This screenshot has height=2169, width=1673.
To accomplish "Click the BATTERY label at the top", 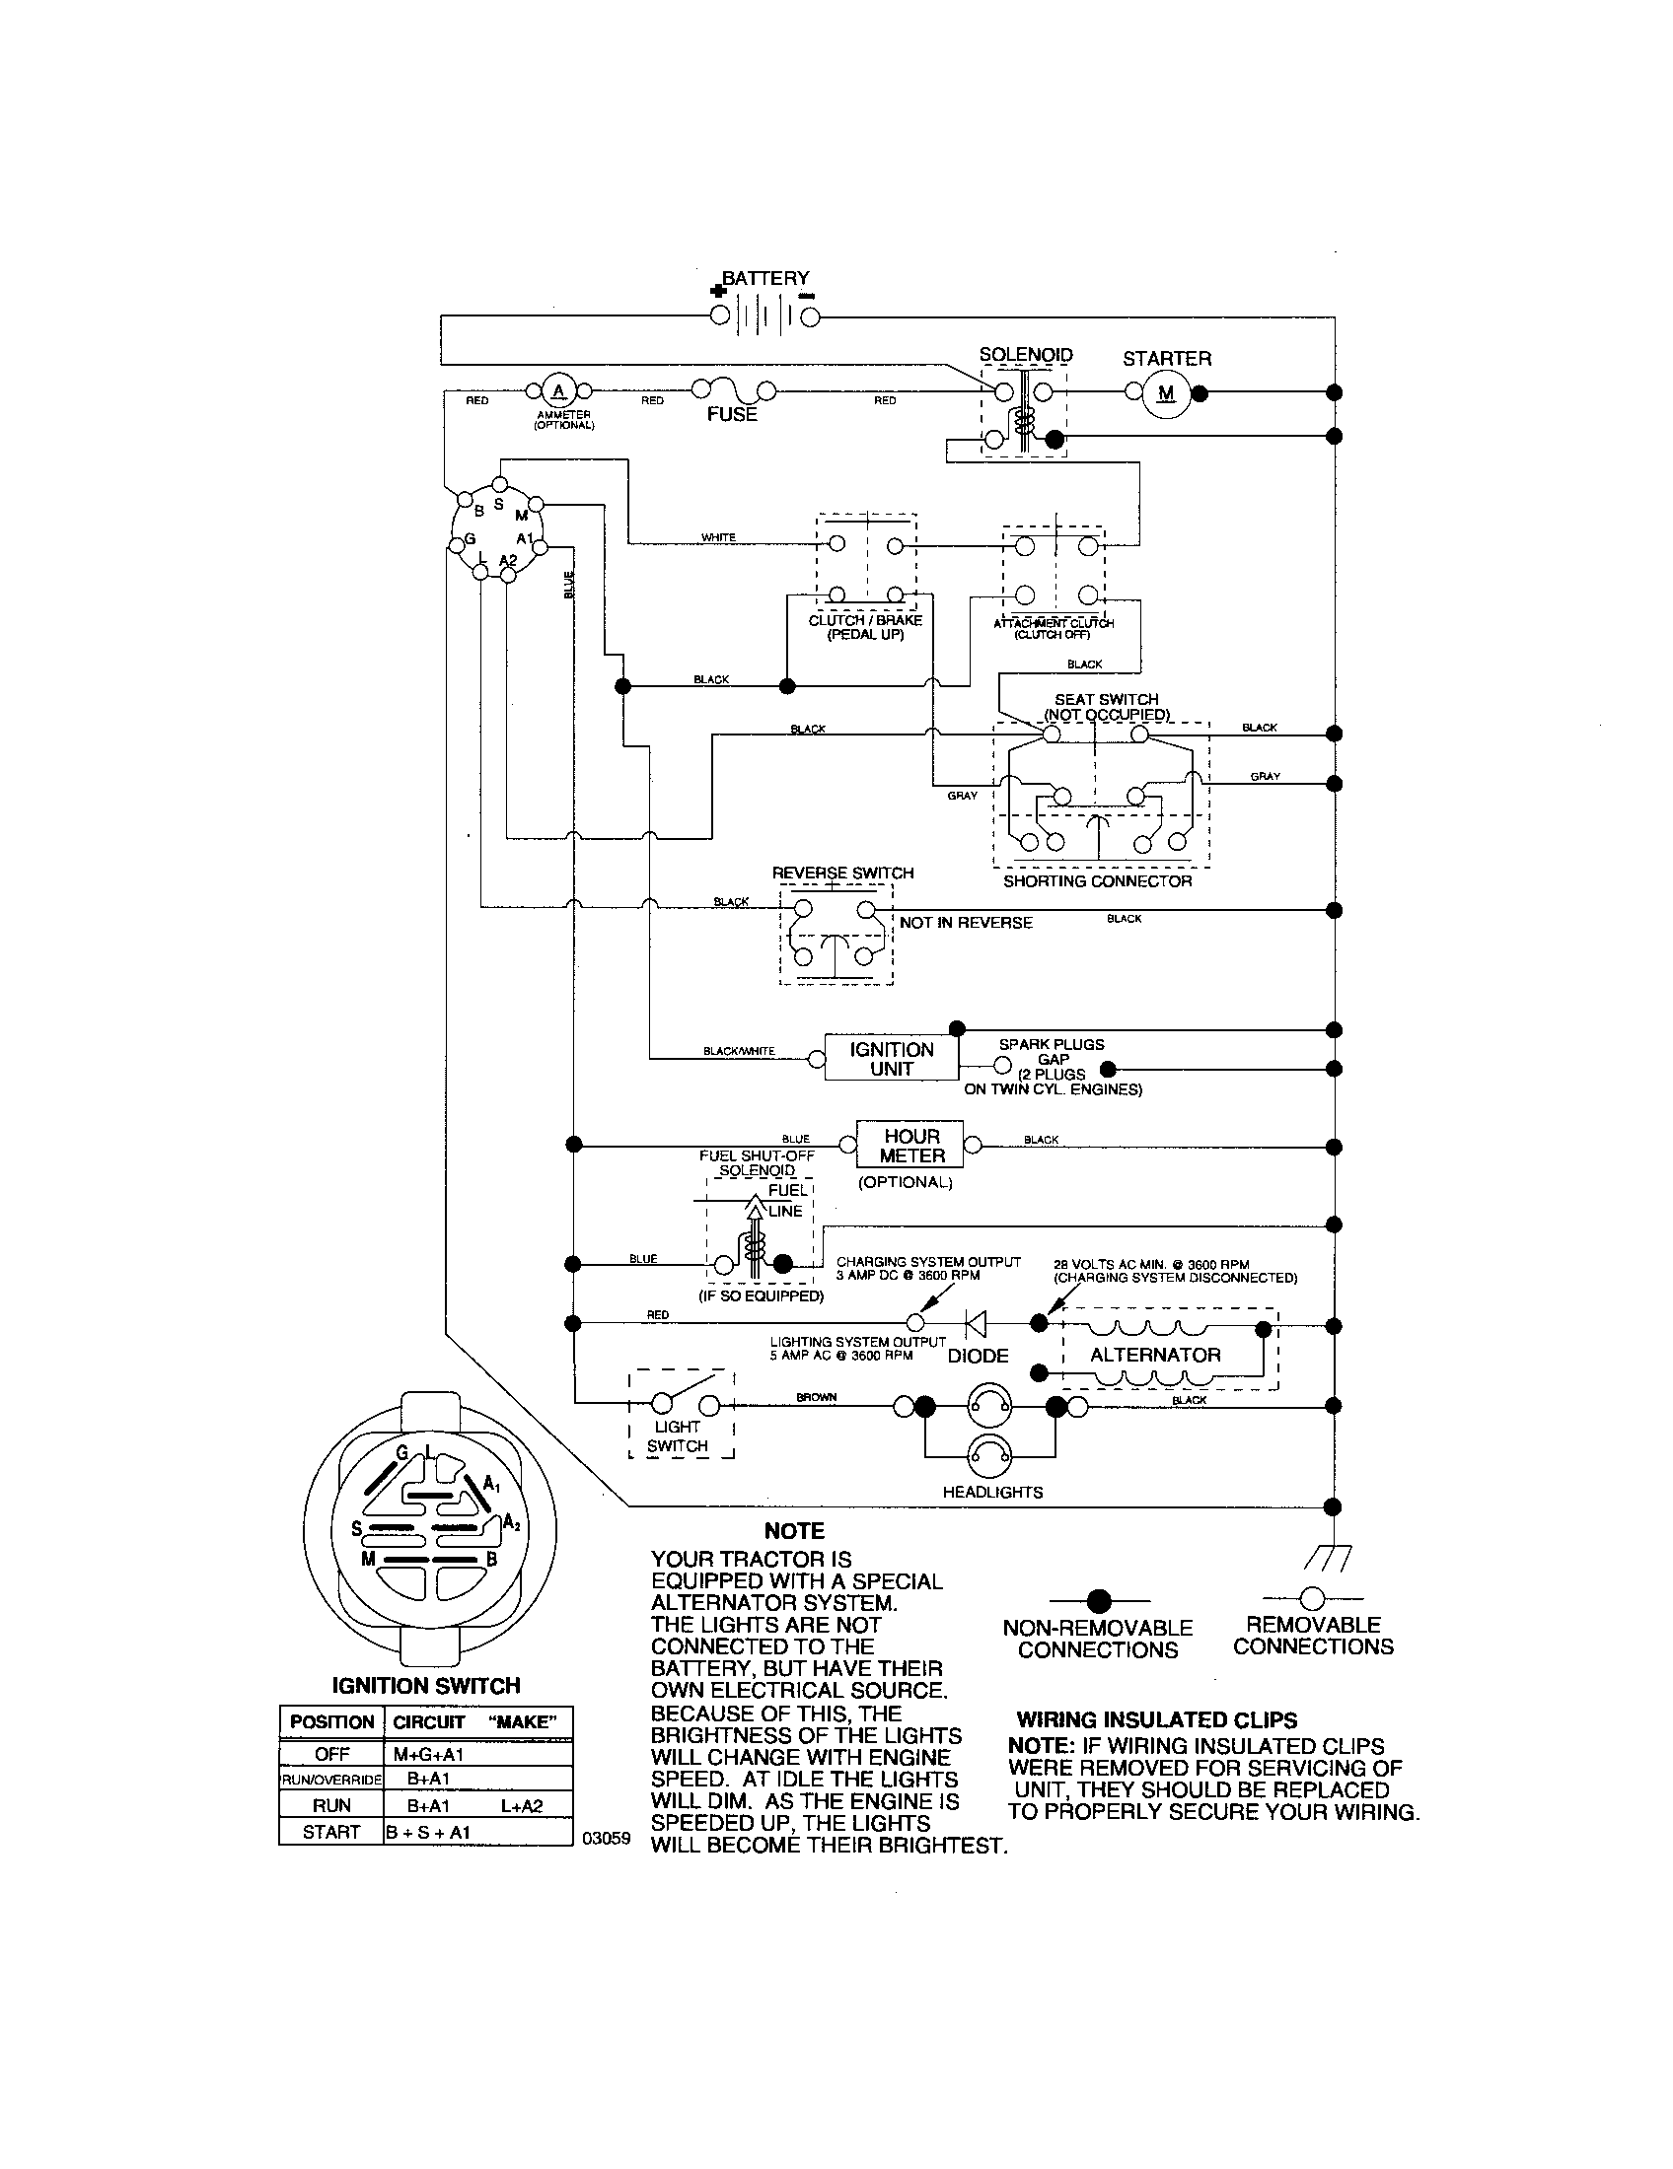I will pyautogui.click(x=764, y=278).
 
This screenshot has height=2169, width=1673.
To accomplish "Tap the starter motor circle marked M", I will pyautogui.click(x=1166, y=393).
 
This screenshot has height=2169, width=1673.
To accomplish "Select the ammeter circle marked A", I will pyautogui.click(x=558, y=389).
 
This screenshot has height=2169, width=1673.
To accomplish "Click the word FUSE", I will pyautogui.click(x=731, y=415).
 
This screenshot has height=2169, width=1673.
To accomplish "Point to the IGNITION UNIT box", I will pyautogui.click(x=891, y=1059).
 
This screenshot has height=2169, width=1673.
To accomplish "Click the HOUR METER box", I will pyautogui.click(x=911, y=1145).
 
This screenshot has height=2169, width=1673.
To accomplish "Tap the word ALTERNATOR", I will pyautogui.click(x=1154, y=1355).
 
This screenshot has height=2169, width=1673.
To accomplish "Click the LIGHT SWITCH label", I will pyautogui.click(x=678, y=1436).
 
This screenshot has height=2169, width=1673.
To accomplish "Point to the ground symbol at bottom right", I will pyautogui.click(x=1334, y=1558).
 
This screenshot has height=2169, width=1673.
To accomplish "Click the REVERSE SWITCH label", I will pyautogui.click(x=842, y=873).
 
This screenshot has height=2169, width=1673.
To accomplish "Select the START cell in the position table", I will pyautogui.click(x=330, y=1833).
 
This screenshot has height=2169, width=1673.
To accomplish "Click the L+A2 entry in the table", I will pyautogui.click(x=522, y=1806).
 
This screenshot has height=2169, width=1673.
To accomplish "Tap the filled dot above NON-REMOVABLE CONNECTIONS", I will pyautogui.click(x=1098, y=1600).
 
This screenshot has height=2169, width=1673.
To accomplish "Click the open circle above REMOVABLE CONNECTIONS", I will pyautogui.click(x=1312, y=1598).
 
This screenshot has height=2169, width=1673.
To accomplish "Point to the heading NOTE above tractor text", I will pyautogui.click(x=795, y=1531).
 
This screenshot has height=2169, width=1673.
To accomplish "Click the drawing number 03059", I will pyautogui.click(x=606, y=1838).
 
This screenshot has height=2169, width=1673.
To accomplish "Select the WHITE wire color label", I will pyautogui.click(x=718, y=537).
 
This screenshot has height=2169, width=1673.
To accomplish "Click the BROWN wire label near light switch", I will pyautogui.click(x=817, y=1397).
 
